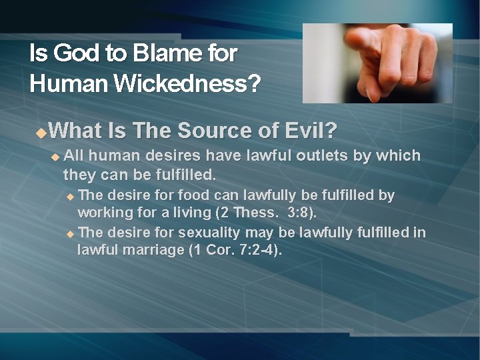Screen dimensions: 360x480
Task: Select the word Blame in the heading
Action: coord(158,53)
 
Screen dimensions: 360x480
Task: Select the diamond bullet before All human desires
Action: coord(55,157)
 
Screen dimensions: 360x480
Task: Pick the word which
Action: coord(397,156)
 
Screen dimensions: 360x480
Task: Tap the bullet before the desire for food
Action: coord(71,196)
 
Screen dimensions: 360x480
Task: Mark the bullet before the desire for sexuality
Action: coord(71,233)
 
